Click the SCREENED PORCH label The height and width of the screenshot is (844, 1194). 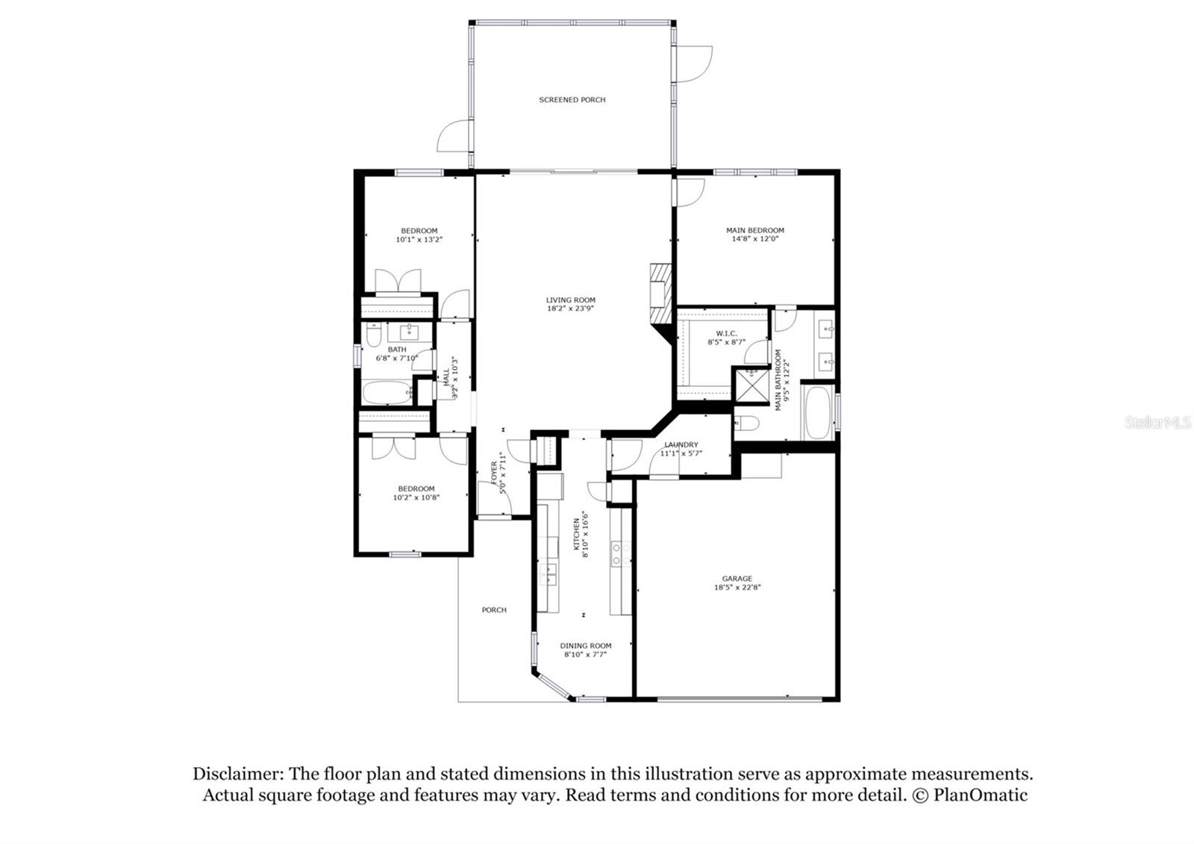(572, 99)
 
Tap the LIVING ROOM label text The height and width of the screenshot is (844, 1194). (570, 300)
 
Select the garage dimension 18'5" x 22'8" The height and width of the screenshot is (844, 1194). (737, 587)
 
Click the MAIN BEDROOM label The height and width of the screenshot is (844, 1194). (754, 230)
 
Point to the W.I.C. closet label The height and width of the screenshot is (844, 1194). (726, 333)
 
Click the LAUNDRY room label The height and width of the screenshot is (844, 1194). (681, 444)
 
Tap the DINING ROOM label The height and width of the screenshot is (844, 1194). (585, 645)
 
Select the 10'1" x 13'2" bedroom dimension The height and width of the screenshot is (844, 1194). (419, 240)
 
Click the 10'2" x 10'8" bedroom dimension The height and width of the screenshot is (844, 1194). (416, 497)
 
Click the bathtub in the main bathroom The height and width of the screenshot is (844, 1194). (818, 412)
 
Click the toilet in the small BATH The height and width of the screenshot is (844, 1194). (374, 335)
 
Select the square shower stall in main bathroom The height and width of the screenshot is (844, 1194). (751, 386)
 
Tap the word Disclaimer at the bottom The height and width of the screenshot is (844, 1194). (238, 773)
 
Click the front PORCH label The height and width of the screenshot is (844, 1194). (493, 610)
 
